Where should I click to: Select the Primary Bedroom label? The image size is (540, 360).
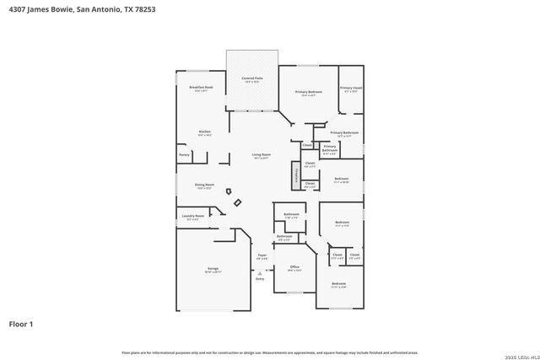309,93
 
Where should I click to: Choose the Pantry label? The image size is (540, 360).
184,155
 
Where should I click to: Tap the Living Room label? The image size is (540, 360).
262,155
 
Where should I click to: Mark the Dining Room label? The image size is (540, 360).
204,185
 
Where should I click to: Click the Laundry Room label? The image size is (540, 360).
194,217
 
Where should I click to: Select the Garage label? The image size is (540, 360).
213,270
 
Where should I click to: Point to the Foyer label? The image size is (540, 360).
262,256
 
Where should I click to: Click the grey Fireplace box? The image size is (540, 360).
296,175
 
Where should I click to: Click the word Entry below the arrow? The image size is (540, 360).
260,278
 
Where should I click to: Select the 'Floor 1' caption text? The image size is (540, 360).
21,324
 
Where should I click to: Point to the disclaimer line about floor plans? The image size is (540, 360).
270,352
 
